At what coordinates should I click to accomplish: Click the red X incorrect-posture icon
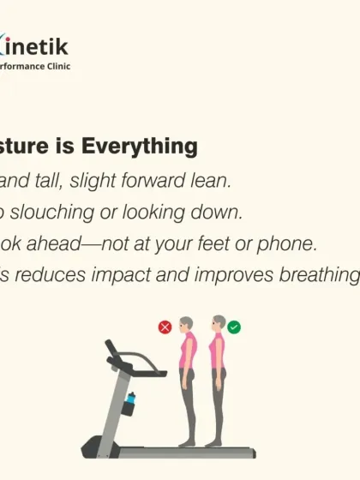point(165,327)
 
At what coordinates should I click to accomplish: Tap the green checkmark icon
point(234,327)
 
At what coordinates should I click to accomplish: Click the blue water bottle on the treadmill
point(130,399)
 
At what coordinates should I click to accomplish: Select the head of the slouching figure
point(187,324)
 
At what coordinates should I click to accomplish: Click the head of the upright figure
point(219,323)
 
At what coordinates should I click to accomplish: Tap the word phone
point(290,243)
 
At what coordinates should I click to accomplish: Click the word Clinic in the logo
point(57,66)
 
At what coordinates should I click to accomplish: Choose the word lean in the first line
point(212,181)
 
